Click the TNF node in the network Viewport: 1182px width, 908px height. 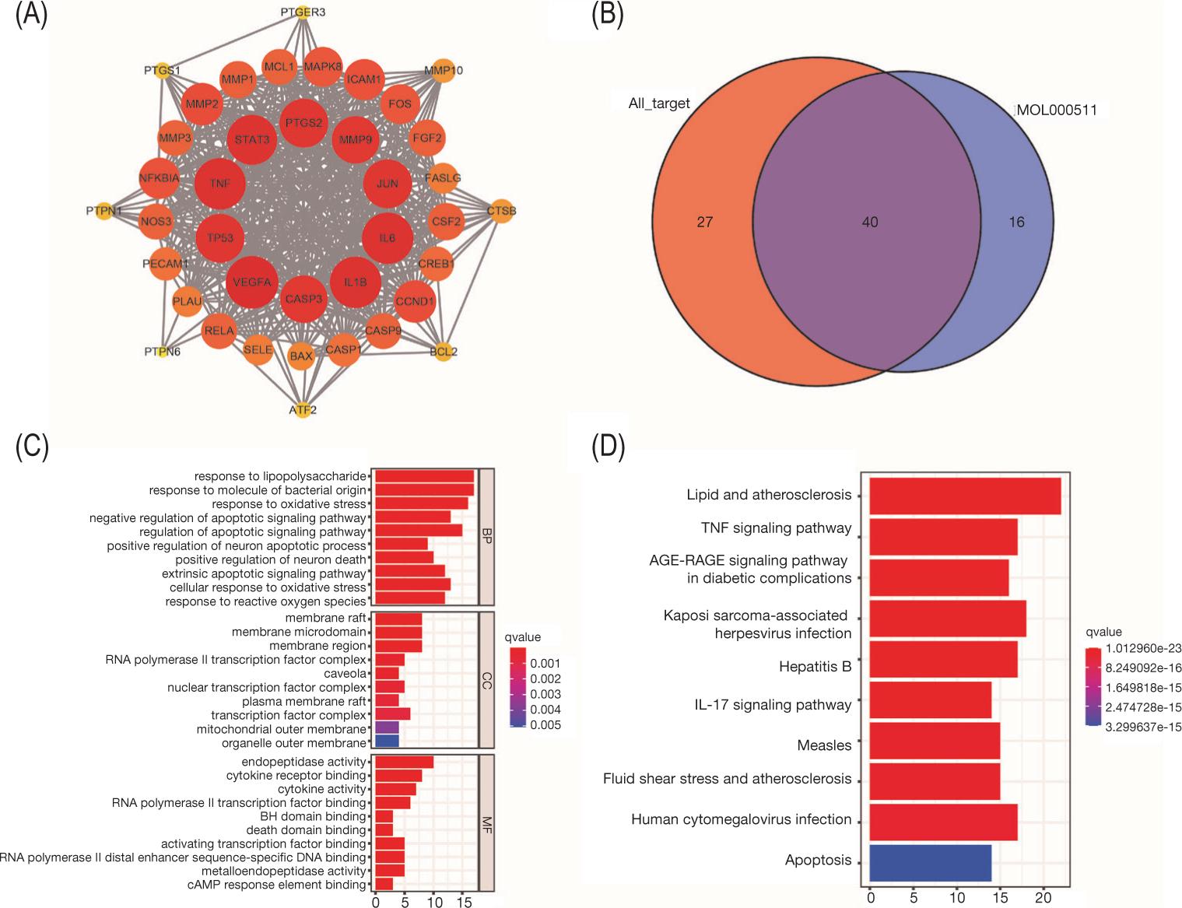click(x=219, y=184)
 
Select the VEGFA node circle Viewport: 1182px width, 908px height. click(x=251, y=282)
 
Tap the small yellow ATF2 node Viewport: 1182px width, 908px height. click(x=303, y=409)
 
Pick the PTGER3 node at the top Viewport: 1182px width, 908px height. click(x=303, y=12)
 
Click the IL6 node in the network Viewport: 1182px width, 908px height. click(x=387, y=238)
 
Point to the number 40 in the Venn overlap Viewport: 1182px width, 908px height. click(x=870, y=223)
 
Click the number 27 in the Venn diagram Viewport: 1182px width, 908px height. click(x=704, y=223)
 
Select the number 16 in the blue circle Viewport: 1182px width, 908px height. click(x=1016, y=223)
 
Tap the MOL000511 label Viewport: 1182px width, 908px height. click(x=1056, y=110)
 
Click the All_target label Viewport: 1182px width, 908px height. click(x=659, y=103)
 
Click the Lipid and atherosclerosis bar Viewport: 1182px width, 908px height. click(x=965, y=496)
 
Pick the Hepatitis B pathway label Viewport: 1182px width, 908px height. click(x=815, y=667)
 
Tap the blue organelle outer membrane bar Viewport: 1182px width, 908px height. click(x=387, y=743)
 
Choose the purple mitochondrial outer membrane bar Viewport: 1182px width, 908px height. click(x=387, y=729)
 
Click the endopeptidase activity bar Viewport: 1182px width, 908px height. click(x=404, y=762)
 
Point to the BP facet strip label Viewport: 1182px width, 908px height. click(x=487, y=536)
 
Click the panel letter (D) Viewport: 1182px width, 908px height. click(x=608, y=448)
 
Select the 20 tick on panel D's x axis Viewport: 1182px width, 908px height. click(x=1043, y=898)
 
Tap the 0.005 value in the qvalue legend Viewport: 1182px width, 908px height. click(x=545, y=725)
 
